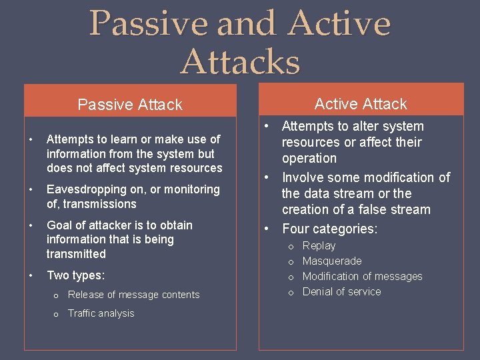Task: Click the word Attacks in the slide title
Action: point(240,62)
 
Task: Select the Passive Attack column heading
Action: point(130,105)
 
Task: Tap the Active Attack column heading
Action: point(361,104)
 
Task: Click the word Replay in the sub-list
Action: point(319,246)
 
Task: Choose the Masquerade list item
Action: point(332,261)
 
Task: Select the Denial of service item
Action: point(341,292)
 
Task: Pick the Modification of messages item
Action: point(362,277)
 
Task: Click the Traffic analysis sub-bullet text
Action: point(101,313)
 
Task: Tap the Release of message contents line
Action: point(133,295)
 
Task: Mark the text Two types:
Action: point(75,275)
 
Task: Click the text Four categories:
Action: point(329,229)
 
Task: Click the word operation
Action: point(309,159)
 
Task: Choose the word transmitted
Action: point(76,254)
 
